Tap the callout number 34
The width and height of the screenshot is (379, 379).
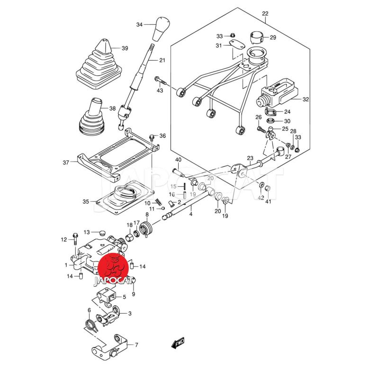tap(139, 24)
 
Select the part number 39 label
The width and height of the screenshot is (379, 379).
tap(125, 48)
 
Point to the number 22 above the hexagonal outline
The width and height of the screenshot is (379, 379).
tap(265, 13)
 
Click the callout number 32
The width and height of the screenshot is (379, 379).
tap(306, 100)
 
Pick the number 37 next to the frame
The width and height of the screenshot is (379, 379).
tap(66, 162)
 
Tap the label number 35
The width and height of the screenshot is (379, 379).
tap(86, 201)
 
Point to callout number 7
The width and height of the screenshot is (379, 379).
tap(136, 345)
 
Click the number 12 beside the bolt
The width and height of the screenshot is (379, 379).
tap(64, 240)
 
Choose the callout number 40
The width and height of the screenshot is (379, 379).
tap(178, 160)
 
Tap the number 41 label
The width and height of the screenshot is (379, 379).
tap(268, 202)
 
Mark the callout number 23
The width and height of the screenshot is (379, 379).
tap(250, 158)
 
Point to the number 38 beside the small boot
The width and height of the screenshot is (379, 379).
tap(112, 108)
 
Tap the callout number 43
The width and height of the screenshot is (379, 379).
tap(160, 90)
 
